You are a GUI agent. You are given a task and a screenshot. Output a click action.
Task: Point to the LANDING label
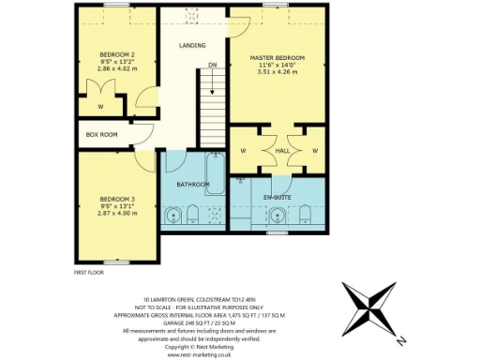tap(193, 45)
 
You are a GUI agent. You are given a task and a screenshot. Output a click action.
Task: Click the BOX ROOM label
tap(101, 135)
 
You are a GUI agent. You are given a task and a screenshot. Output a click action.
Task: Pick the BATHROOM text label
tap(193, 184)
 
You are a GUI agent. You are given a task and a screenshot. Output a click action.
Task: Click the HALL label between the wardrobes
tap(282, 149)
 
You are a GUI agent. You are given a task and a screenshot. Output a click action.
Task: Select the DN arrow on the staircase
tap(214, 80)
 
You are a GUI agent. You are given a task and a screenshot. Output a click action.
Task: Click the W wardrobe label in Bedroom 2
tap(99, 106)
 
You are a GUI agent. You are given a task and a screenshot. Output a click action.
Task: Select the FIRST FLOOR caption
tap(88, 272)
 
